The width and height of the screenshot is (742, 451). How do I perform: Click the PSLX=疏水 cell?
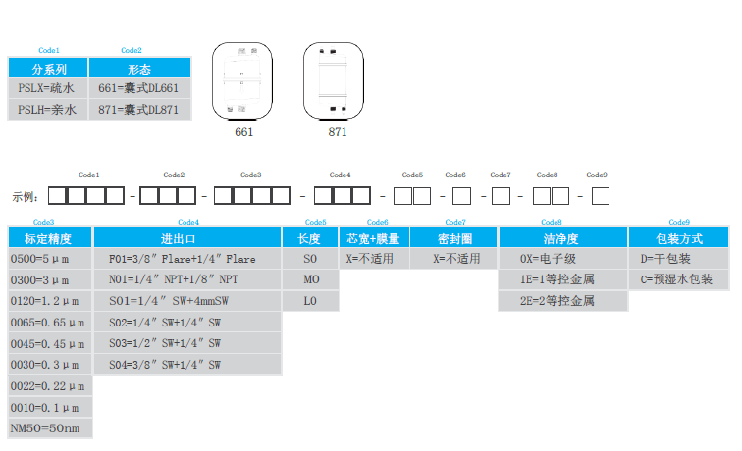click(47, 88)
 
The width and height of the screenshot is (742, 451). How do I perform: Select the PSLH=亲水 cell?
click(47, 109)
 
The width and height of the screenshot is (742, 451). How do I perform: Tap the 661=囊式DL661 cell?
click(138, 88)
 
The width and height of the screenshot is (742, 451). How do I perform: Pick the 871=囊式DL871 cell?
click(138, 109)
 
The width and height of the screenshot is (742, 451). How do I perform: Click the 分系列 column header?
click(48, 69)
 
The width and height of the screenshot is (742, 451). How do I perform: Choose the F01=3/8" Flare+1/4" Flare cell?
click(186, 259)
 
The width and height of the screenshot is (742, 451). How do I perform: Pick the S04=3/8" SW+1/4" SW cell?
click(186, 364)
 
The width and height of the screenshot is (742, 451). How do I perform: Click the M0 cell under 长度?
click(310, 279)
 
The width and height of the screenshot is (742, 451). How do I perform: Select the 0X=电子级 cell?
click(563, 259)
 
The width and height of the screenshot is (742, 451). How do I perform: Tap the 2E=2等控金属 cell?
click(563, 301)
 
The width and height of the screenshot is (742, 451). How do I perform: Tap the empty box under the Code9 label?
click(601, 195)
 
